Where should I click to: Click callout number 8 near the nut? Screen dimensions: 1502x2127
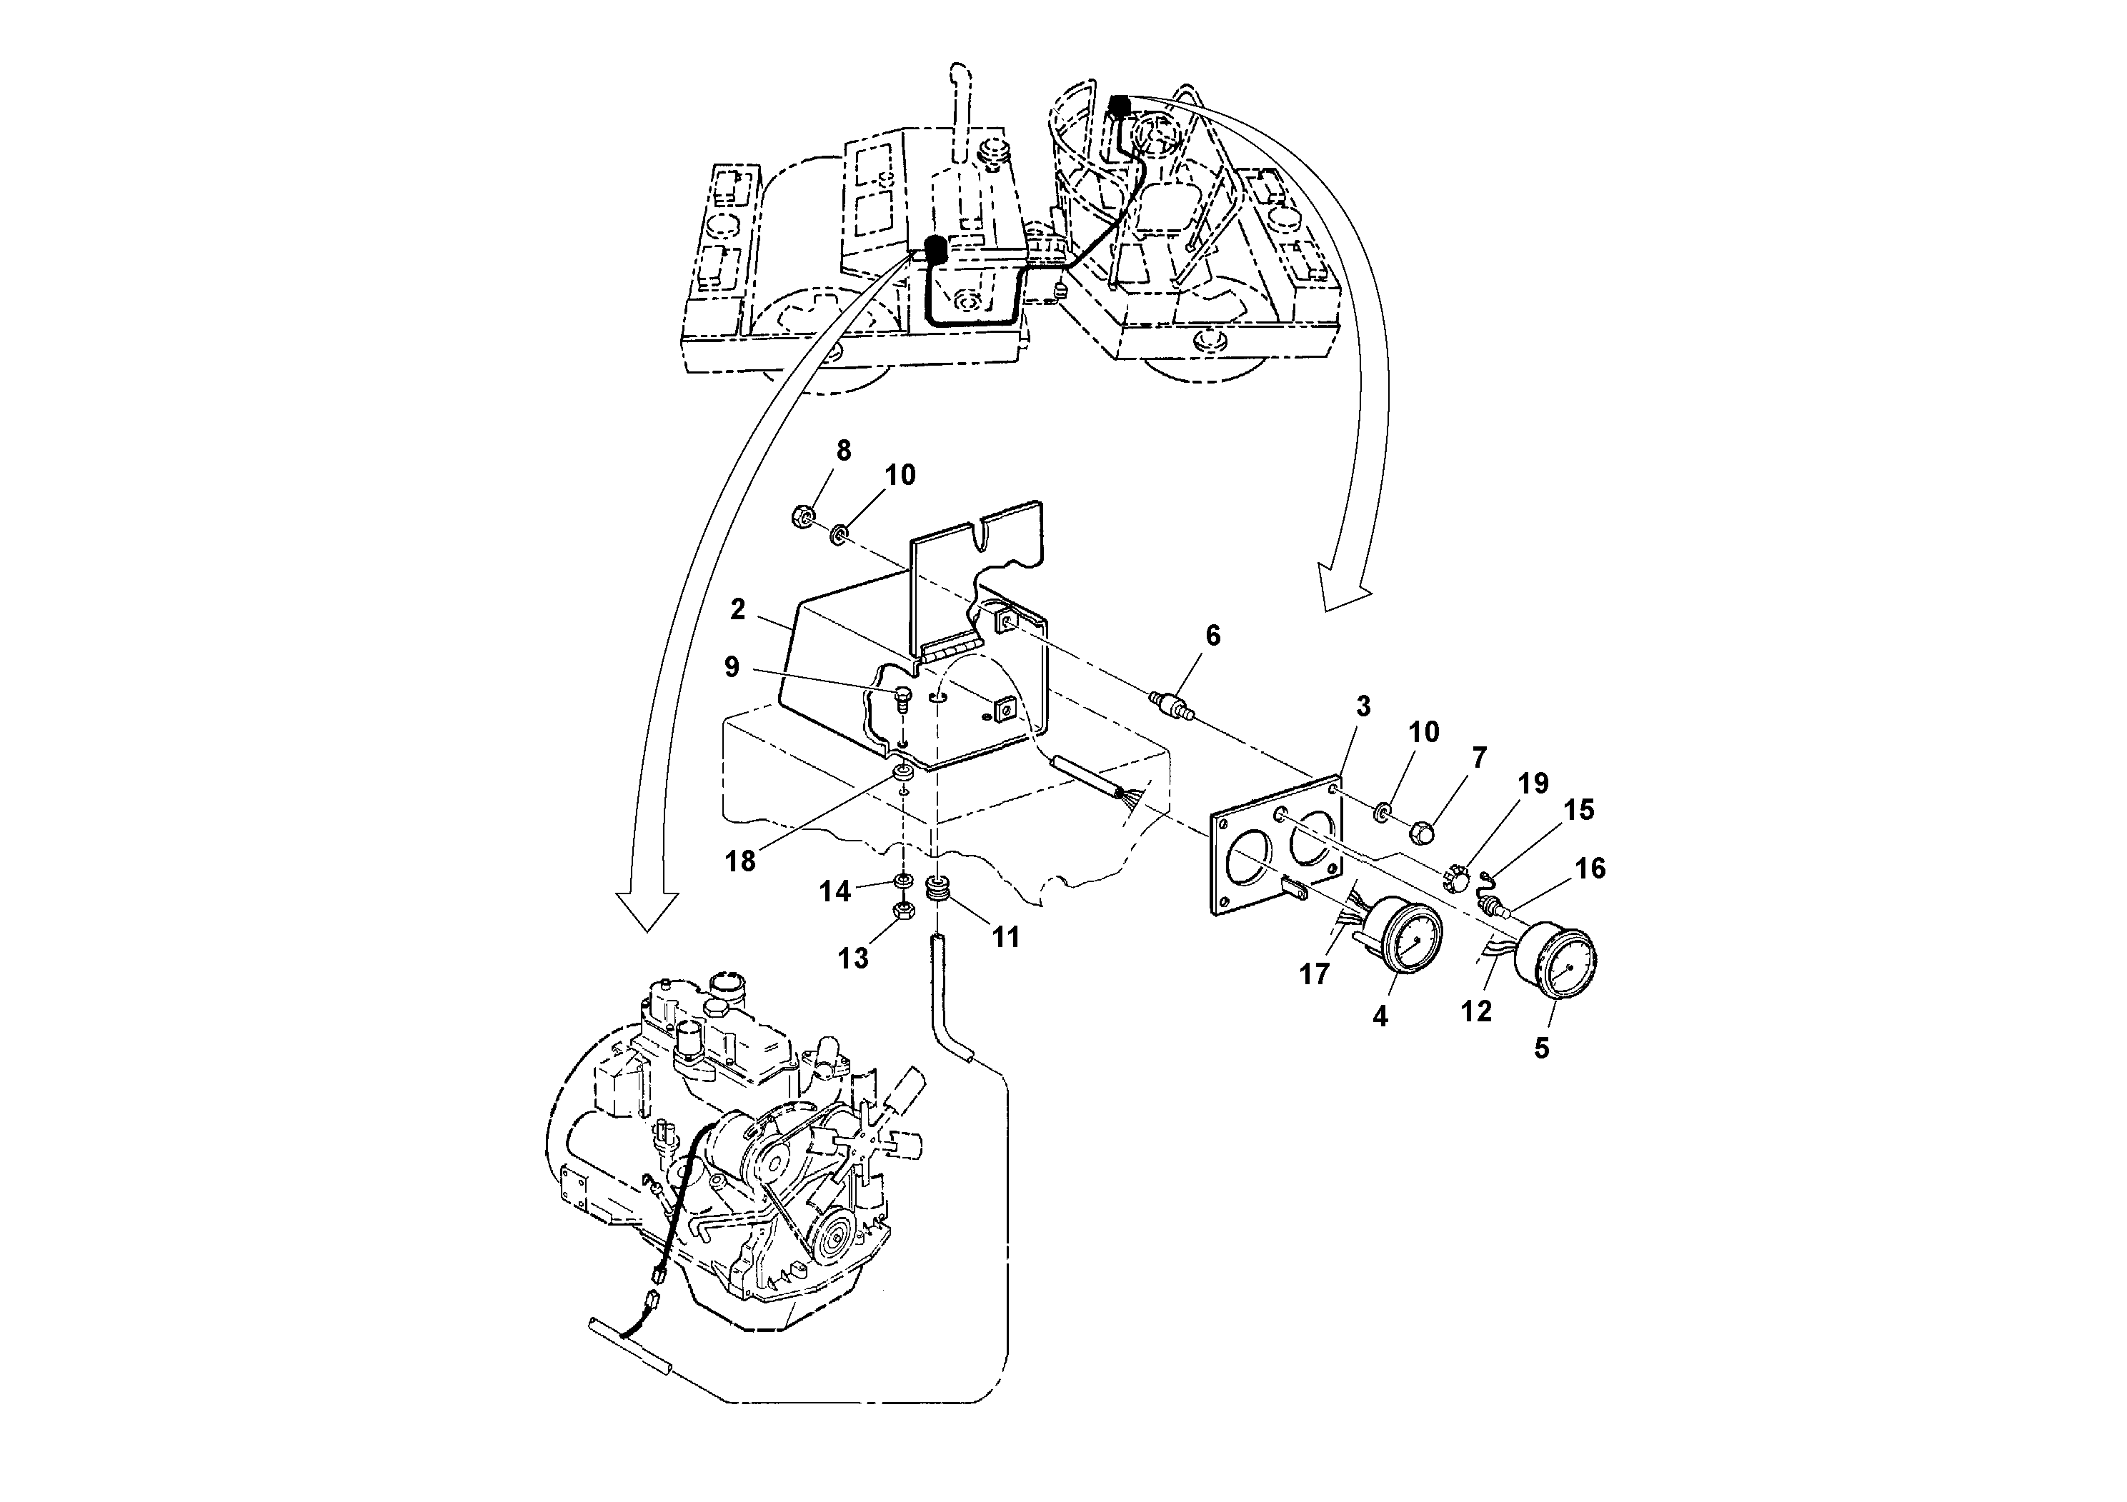pos(843,451)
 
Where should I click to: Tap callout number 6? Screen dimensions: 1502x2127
pos(1212,635)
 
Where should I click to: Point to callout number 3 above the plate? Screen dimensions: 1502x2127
pos(1363,706)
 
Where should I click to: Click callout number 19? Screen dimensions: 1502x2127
pos(1533,783)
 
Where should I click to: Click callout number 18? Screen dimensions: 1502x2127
pos(740,862)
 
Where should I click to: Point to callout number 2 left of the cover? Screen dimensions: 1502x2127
pos(737,609)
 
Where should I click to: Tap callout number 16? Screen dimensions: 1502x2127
pos(1590,868)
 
